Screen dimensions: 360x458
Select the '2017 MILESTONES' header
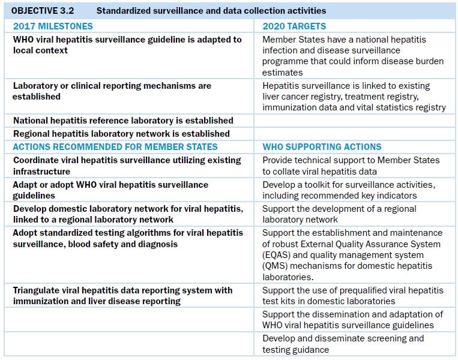pos(53,26)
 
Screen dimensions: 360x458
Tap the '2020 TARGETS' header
pos(294,26)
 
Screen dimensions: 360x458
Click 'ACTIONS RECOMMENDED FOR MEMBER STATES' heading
pos(115,147)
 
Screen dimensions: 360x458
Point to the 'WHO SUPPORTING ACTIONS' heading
pos(322,147)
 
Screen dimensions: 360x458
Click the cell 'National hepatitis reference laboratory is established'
pos(123,121)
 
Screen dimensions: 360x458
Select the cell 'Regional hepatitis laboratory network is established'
pos(121,134)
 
